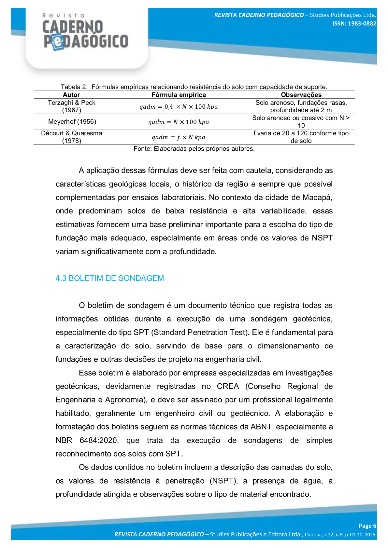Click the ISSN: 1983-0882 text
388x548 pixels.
click(354, 23)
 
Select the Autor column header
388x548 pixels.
click(71, 95)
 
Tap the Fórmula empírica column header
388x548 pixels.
click(179, 95)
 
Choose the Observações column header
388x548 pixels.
click(301, 95)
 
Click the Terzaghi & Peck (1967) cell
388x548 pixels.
click(71, 106)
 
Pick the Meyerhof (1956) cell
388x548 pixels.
click(72, 122)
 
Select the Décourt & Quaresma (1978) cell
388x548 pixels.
click(71, 137)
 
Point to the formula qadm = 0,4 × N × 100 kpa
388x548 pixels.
click(179, 107)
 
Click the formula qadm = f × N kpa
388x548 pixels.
click(179, 137)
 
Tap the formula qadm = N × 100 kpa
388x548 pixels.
click(179, 122)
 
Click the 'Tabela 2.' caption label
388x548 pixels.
click(74, 87)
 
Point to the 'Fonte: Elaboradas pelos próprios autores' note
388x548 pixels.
click(194, 149)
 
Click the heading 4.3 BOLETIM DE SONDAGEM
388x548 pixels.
click(110, 278)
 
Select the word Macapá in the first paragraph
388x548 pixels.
click(317, 198)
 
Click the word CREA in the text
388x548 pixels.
click(228, 386)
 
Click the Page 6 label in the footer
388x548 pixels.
click(367, 526)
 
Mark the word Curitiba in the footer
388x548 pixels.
click(313, 535)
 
